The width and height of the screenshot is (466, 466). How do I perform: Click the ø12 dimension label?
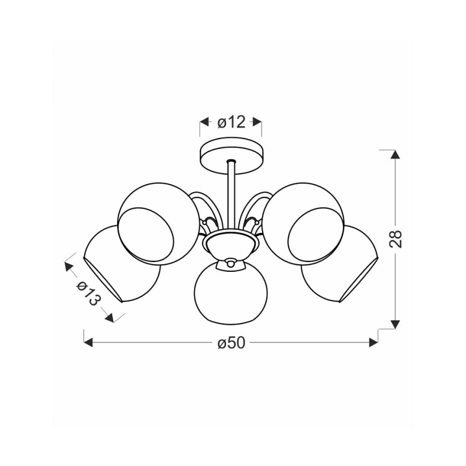232,122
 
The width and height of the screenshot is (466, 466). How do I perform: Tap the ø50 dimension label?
232,343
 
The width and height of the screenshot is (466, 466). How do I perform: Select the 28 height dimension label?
395,238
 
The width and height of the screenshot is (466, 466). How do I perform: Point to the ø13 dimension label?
89,293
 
